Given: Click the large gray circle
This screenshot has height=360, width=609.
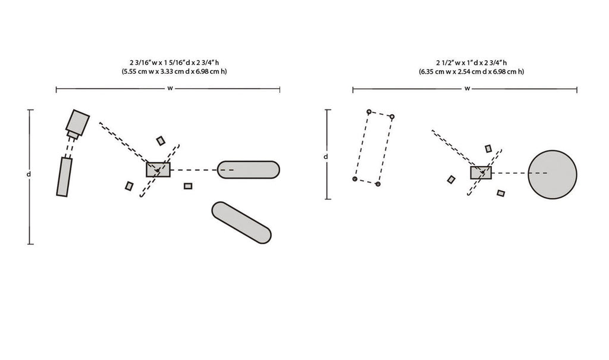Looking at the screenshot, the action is (553, 174).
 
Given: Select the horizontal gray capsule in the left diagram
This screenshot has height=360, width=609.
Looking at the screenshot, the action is (248, 170).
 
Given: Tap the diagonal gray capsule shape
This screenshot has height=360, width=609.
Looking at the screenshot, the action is (241, 223).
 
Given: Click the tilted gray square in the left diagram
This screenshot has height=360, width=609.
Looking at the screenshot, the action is (78, 123).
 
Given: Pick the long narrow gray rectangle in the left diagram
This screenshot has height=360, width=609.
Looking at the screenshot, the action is (64, 177).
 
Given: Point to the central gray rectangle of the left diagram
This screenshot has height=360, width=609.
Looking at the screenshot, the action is (158, 170).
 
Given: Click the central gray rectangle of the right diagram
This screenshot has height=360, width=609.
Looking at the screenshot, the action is (481, 173).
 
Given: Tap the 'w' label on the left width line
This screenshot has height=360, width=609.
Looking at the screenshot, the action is (170, 88).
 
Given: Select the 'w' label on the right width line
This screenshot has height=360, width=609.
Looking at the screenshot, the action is (467, 89).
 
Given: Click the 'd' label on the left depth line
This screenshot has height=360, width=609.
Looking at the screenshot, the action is (29, 174).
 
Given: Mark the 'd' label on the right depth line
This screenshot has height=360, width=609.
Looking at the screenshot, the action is (326, 156).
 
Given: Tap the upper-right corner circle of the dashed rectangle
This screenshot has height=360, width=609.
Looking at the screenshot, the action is (392, 117).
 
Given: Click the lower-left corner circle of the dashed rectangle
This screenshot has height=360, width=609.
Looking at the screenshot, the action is (354, 179).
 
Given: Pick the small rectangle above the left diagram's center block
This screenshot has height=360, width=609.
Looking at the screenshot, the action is (161, 141).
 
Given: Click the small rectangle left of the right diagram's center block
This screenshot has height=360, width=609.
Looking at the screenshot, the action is (451, 179).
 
